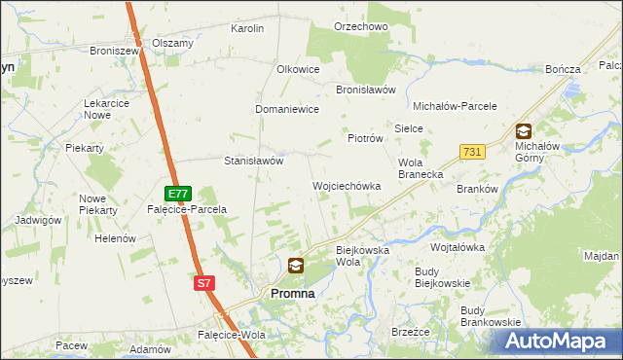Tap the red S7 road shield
(202, 283)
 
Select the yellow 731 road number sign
(472, 152)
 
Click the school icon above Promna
(296, 265)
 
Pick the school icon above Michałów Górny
(524, 131)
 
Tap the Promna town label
(292, 293)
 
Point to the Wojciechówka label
(346, 185)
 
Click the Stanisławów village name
(253, 161)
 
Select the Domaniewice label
(287, 110)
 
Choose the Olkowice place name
(298, 70)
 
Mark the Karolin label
(247, 29)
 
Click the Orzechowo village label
(361, 27)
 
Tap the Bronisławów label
(365, 90)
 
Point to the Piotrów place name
(366, 139)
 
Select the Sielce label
(407, 127)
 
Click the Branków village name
(477, 190)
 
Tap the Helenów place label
(115, 238)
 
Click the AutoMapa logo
(558, 342)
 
